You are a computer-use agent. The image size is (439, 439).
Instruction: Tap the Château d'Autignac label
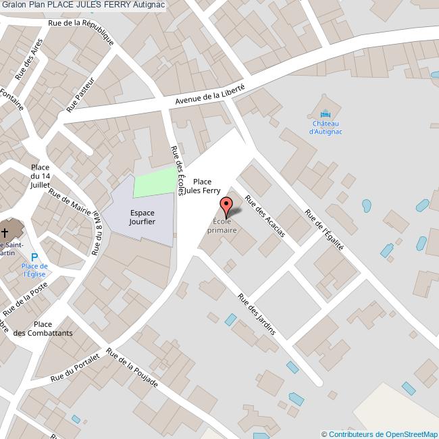[326, 128]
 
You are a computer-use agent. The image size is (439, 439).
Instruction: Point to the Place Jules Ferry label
[202, 186]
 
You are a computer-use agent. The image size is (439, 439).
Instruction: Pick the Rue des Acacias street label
[265, 215]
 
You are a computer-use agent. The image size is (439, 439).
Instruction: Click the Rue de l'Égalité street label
[324, 228]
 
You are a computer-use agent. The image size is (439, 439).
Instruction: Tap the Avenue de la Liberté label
[209, 93]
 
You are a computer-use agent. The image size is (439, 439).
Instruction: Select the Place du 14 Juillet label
[40, 176]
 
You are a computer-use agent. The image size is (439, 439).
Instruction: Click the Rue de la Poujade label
[132, 370]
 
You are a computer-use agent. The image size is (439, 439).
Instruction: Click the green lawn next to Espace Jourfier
[153, 182]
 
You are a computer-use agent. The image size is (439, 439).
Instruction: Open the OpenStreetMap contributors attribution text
[380, 434]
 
